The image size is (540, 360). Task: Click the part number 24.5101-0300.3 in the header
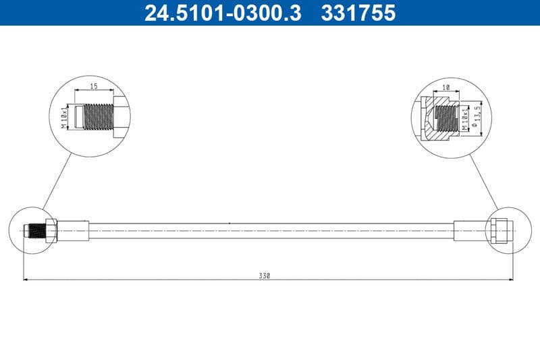[x=223, y=13]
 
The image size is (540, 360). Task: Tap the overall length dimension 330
[x=264, y=276]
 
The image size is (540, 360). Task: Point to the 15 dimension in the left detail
[x=94, y=86]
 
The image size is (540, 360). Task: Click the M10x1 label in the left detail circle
[x=64, y=116]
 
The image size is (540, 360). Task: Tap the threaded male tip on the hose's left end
[x=34, y=231]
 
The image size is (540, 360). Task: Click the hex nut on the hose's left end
[x=51, y=231]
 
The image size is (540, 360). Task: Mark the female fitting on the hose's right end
[x=500, y=231]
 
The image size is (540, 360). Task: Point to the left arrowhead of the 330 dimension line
[x=26, y=279]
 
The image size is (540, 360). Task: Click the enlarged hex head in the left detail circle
[x=119, y=116]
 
